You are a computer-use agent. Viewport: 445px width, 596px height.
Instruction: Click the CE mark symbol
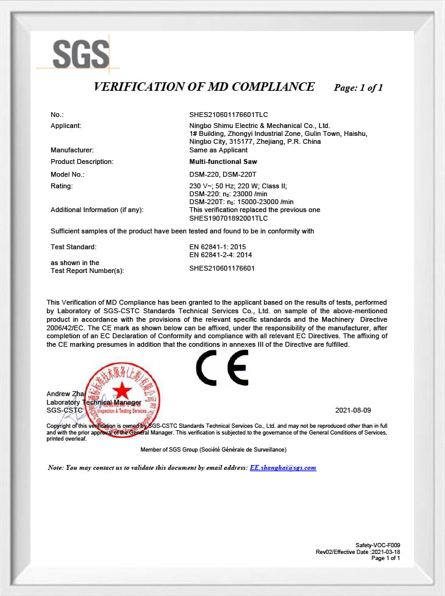[222, 368]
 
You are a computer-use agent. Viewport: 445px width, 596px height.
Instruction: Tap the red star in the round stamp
[123, 390]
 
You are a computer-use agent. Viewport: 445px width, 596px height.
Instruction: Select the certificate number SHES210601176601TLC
[229, 115]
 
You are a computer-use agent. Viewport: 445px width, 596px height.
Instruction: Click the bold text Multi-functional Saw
[224, 161]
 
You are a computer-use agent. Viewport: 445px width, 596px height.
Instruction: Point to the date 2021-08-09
[353, 411]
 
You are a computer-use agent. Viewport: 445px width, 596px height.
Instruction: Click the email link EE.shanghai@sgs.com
[283, 467]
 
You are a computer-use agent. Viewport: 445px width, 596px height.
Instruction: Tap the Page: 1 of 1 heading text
[358, 88]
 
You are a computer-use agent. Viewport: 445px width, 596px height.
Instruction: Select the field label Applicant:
[66, 126]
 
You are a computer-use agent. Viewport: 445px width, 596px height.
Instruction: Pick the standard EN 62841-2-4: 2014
[221, 255]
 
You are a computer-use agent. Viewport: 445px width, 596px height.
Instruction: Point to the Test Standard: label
[73, 247]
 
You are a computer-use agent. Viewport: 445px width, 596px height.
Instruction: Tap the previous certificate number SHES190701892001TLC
[229, 218]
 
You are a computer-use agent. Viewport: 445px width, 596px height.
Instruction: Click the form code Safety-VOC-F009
[378, 545]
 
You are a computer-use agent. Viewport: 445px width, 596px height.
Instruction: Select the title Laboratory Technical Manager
[94, 403]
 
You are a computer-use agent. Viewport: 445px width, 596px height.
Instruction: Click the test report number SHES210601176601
[222, 268]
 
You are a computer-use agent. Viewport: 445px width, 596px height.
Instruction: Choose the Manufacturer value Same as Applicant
[219, 150]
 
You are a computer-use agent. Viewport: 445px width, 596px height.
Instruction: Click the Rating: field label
[62, 186]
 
